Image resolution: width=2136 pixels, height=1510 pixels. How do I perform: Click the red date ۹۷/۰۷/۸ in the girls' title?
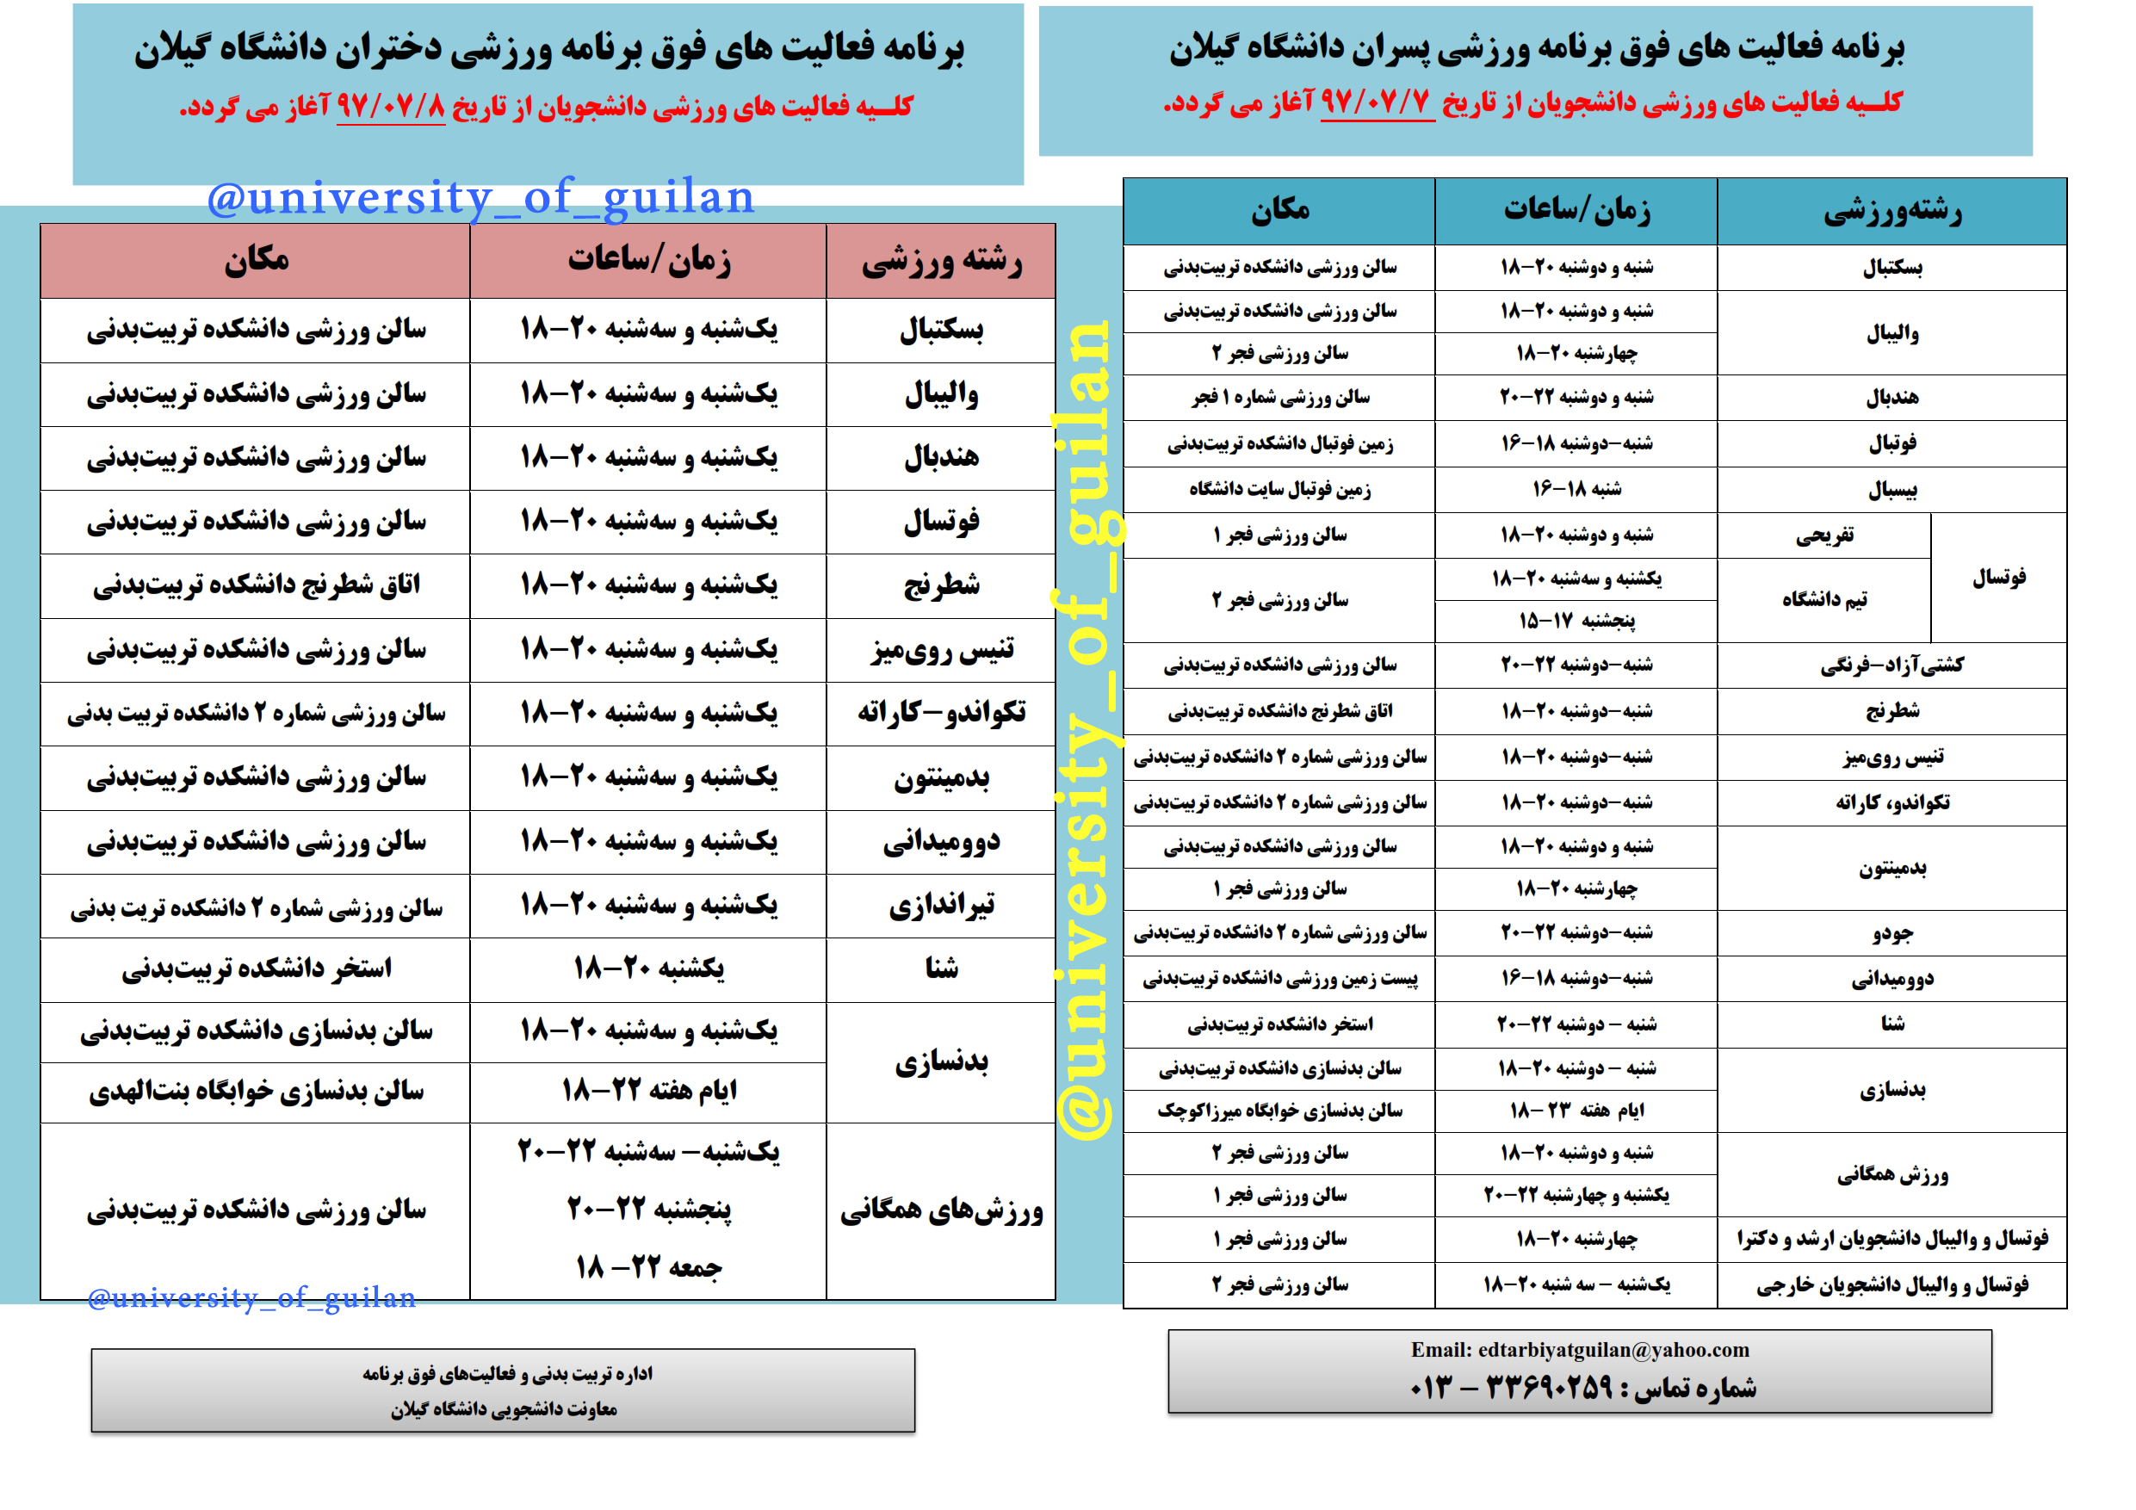pos(391,106)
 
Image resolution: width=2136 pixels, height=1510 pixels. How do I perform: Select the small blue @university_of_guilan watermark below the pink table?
pos(251,1297)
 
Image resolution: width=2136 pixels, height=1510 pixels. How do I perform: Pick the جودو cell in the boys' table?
pos(1891,932)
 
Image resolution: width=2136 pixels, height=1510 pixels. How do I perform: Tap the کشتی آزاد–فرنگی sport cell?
pos(1891,665)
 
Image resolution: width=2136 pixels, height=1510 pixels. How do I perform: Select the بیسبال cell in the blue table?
pos(1891,489)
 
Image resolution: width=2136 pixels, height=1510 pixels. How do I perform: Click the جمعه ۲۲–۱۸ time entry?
pos(648,1267)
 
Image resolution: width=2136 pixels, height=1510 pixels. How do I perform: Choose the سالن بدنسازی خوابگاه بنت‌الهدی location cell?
pos(256,1092)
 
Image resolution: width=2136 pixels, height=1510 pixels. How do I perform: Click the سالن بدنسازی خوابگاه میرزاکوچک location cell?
pos(1279,1111)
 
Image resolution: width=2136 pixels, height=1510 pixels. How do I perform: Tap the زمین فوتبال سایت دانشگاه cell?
pos(1279,489)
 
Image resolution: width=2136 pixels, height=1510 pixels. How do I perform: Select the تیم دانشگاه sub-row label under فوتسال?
pos(1823,600)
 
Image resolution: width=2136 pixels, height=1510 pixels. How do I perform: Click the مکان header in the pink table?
pos(256,260)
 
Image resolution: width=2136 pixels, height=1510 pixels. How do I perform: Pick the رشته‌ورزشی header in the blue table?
pos(1891,212)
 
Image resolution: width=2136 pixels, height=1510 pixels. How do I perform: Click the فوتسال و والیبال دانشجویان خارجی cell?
pos(1891,1284)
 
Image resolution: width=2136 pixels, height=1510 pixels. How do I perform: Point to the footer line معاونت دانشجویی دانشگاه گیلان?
pos(504,1409)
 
